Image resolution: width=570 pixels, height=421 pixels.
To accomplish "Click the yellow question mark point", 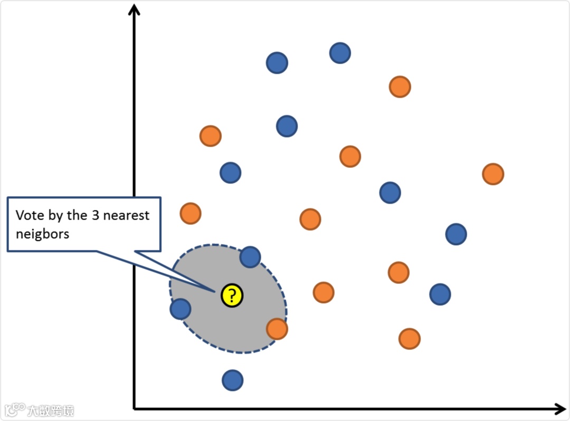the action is tap(232, 295).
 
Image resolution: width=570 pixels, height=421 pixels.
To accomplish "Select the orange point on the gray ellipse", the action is tap(277, 329).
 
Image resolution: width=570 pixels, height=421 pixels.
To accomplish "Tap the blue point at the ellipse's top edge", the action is tap(250, 257).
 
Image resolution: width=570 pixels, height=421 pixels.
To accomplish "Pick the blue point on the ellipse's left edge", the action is tap(180, 309).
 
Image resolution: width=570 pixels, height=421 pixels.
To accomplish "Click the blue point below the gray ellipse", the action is tap(232, 380).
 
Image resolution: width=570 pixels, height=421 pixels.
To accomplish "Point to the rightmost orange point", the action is tap(492, 174).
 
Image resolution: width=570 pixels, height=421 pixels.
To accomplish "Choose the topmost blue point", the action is tap(340, 53).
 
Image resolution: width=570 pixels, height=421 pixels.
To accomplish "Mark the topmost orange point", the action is tap(400, 87).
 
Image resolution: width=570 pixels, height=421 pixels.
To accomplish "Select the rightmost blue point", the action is tap(455, 234).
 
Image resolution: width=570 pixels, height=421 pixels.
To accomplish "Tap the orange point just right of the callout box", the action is tap(190, 213).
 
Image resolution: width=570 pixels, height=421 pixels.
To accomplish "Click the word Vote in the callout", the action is tap(28, 215).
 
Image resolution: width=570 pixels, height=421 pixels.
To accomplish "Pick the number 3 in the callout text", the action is tap(94, 215).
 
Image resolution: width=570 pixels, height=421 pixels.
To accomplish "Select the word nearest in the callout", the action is tap(126, 215).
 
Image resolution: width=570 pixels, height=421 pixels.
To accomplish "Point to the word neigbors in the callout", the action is tap(42, 233).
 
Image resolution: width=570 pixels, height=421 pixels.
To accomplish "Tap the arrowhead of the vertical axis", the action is tap(135, 9).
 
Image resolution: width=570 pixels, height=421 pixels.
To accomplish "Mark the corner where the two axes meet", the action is tap(135, 408).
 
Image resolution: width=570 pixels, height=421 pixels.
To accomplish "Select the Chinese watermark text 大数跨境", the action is tap(51, 410).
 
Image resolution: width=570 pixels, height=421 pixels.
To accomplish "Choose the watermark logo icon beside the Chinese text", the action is tap(15, 410).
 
